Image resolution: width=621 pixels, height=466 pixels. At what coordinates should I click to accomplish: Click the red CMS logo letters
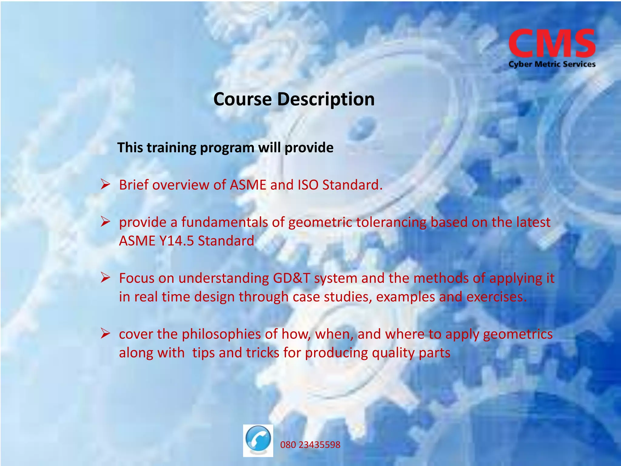tap(552, 43)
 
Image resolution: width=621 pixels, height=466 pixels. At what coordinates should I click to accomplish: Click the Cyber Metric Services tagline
tap(552, 64)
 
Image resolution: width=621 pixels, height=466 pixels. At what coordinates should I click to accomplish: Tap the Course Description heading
tap(294, 99)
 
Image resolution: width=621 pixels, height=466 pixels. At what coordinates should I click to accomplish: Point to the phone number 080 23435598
tap(310, 445)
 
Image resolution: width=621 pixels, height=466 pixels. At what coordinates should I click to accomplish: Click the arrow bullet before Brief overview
tap(105, 184)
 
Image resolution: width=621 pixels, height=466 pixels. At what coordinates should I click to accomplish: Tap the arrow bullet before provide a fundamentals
tap(105, 222)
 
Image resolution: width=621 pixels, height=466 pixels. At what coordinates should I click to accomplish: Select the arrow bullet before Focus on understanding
tap(105, 278)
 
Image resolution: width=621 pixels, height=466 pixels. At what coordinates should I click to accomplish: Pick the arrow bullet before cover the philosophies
tap(105, 334)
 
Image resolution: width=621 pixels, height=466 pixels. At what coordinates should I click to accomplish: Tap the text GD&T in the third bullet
tap(291, 278)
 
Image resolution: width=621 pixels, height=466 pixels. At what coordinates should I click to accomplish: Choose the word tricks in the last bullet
tap(262, 353)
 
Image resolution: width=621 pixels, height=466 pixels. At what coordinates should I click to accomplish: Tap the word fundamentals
tap(224, 222)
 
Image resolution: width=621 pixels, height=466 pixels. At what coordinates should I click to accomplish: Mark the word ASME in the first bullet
tap(248, 185)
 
